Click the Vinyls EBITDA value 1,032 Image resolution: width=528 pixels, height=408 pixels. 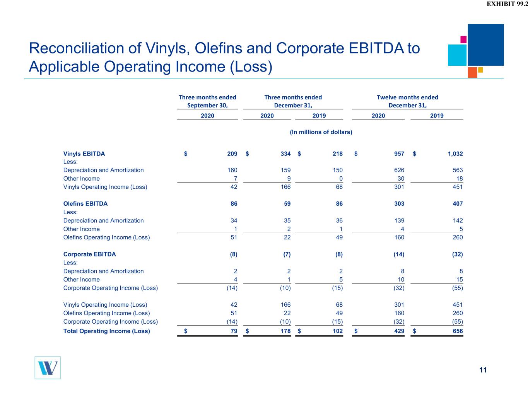point(455,154)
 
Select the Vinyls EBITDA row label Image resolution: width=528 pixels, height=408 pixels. point(84,154)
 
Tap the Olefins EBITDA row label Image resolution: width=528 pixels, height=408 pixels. point(85,203)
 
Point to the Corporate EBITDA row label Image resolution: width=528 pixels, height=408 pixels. point(89,254)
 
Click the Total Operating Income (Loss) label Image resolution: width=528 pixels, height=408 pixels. point(107,331)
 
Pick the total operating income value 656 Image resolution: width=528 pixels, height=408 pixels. point(458,331)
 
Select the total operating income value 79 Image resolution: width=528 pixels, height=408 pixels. point(234,331)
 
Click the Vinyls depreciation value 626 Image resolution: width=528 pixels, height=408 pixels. point(399,170)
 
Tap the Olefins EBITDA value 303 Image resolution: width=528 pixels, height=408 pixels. point(399,203)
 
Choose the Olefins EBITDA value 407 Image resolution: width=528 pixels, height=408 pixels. point(458,203)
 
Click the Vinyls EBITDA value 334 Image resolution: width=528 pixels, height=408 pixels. point(285,154)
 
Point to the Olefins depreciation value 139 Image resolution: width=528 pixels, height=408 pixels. point(399,220)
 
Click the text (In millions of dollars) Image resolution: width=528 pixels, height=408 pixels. point(321,132)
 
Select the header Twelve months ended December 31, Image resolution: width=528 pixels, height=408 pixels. point(407,101)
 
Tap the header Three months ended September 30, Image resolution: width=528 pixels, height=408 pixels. point(207,101)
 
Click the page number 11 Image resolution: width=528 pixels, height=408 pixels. point(483,370)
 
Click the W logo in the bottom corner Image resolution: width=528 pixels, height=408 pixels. point(48,368)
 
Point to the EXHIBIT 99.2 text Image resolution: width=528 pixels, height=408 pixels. point(507,4)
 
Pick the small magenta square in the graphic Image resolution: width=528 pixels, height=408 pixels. point(463,39)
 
